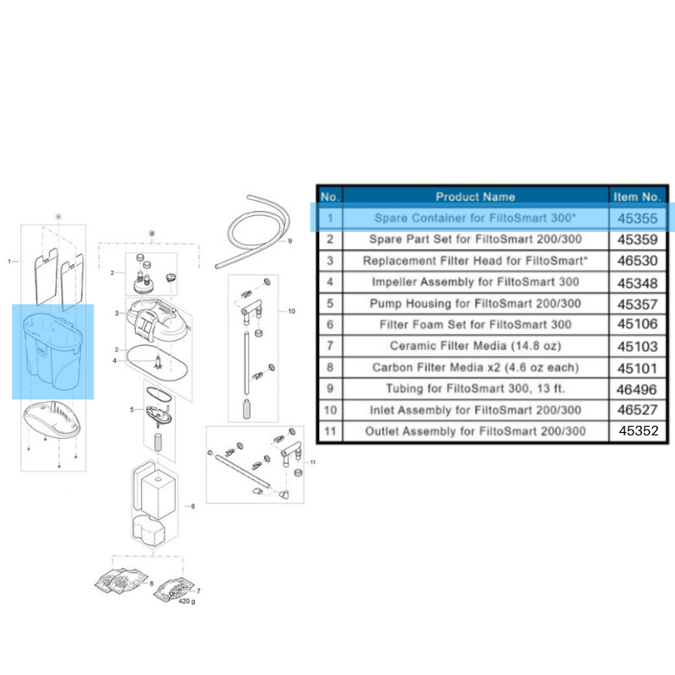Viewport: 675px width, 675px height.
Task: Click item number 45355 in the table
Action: coord(637,218)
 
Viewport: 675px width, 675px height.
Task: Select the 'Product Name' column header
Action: coord(475,197)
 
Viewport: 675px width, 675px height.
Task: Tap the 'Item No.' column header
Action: coord(637,197)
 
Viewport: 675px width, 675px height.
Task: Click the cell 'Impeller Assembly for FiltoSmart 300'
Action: coord(475,282)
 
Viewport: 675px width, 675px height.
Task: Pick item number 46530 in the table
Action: coord(637,261)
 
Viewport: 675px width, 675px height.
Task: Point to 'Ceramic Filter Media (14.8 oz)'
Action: coord(475,346)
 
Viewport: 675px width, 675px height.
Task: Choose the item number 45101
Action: coord(637,367)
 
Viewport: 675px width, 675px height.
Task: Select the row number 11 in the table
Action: coord(330,431)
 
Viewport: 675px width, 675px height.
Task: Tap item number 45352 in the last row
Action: coord(637,431)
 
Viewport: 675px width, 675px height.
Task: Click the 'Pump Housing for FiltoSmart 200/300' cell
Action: coord(475,303)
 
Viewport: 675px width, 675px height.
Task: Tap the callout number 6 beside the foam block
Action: coord(192,506)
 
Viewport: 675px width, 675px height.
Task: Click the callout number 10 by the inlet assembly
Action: coord(291,311)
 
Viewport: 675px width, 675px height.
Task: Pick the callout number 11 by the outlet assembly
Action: coord(312,462)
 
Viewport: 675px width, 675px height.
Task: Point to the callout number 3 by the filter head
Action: coord(116,313)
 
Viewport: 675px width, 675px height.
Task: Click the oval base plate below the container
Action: coord(52,418)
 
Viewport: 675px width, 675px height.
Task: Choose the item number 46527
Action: coord(637,410)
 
